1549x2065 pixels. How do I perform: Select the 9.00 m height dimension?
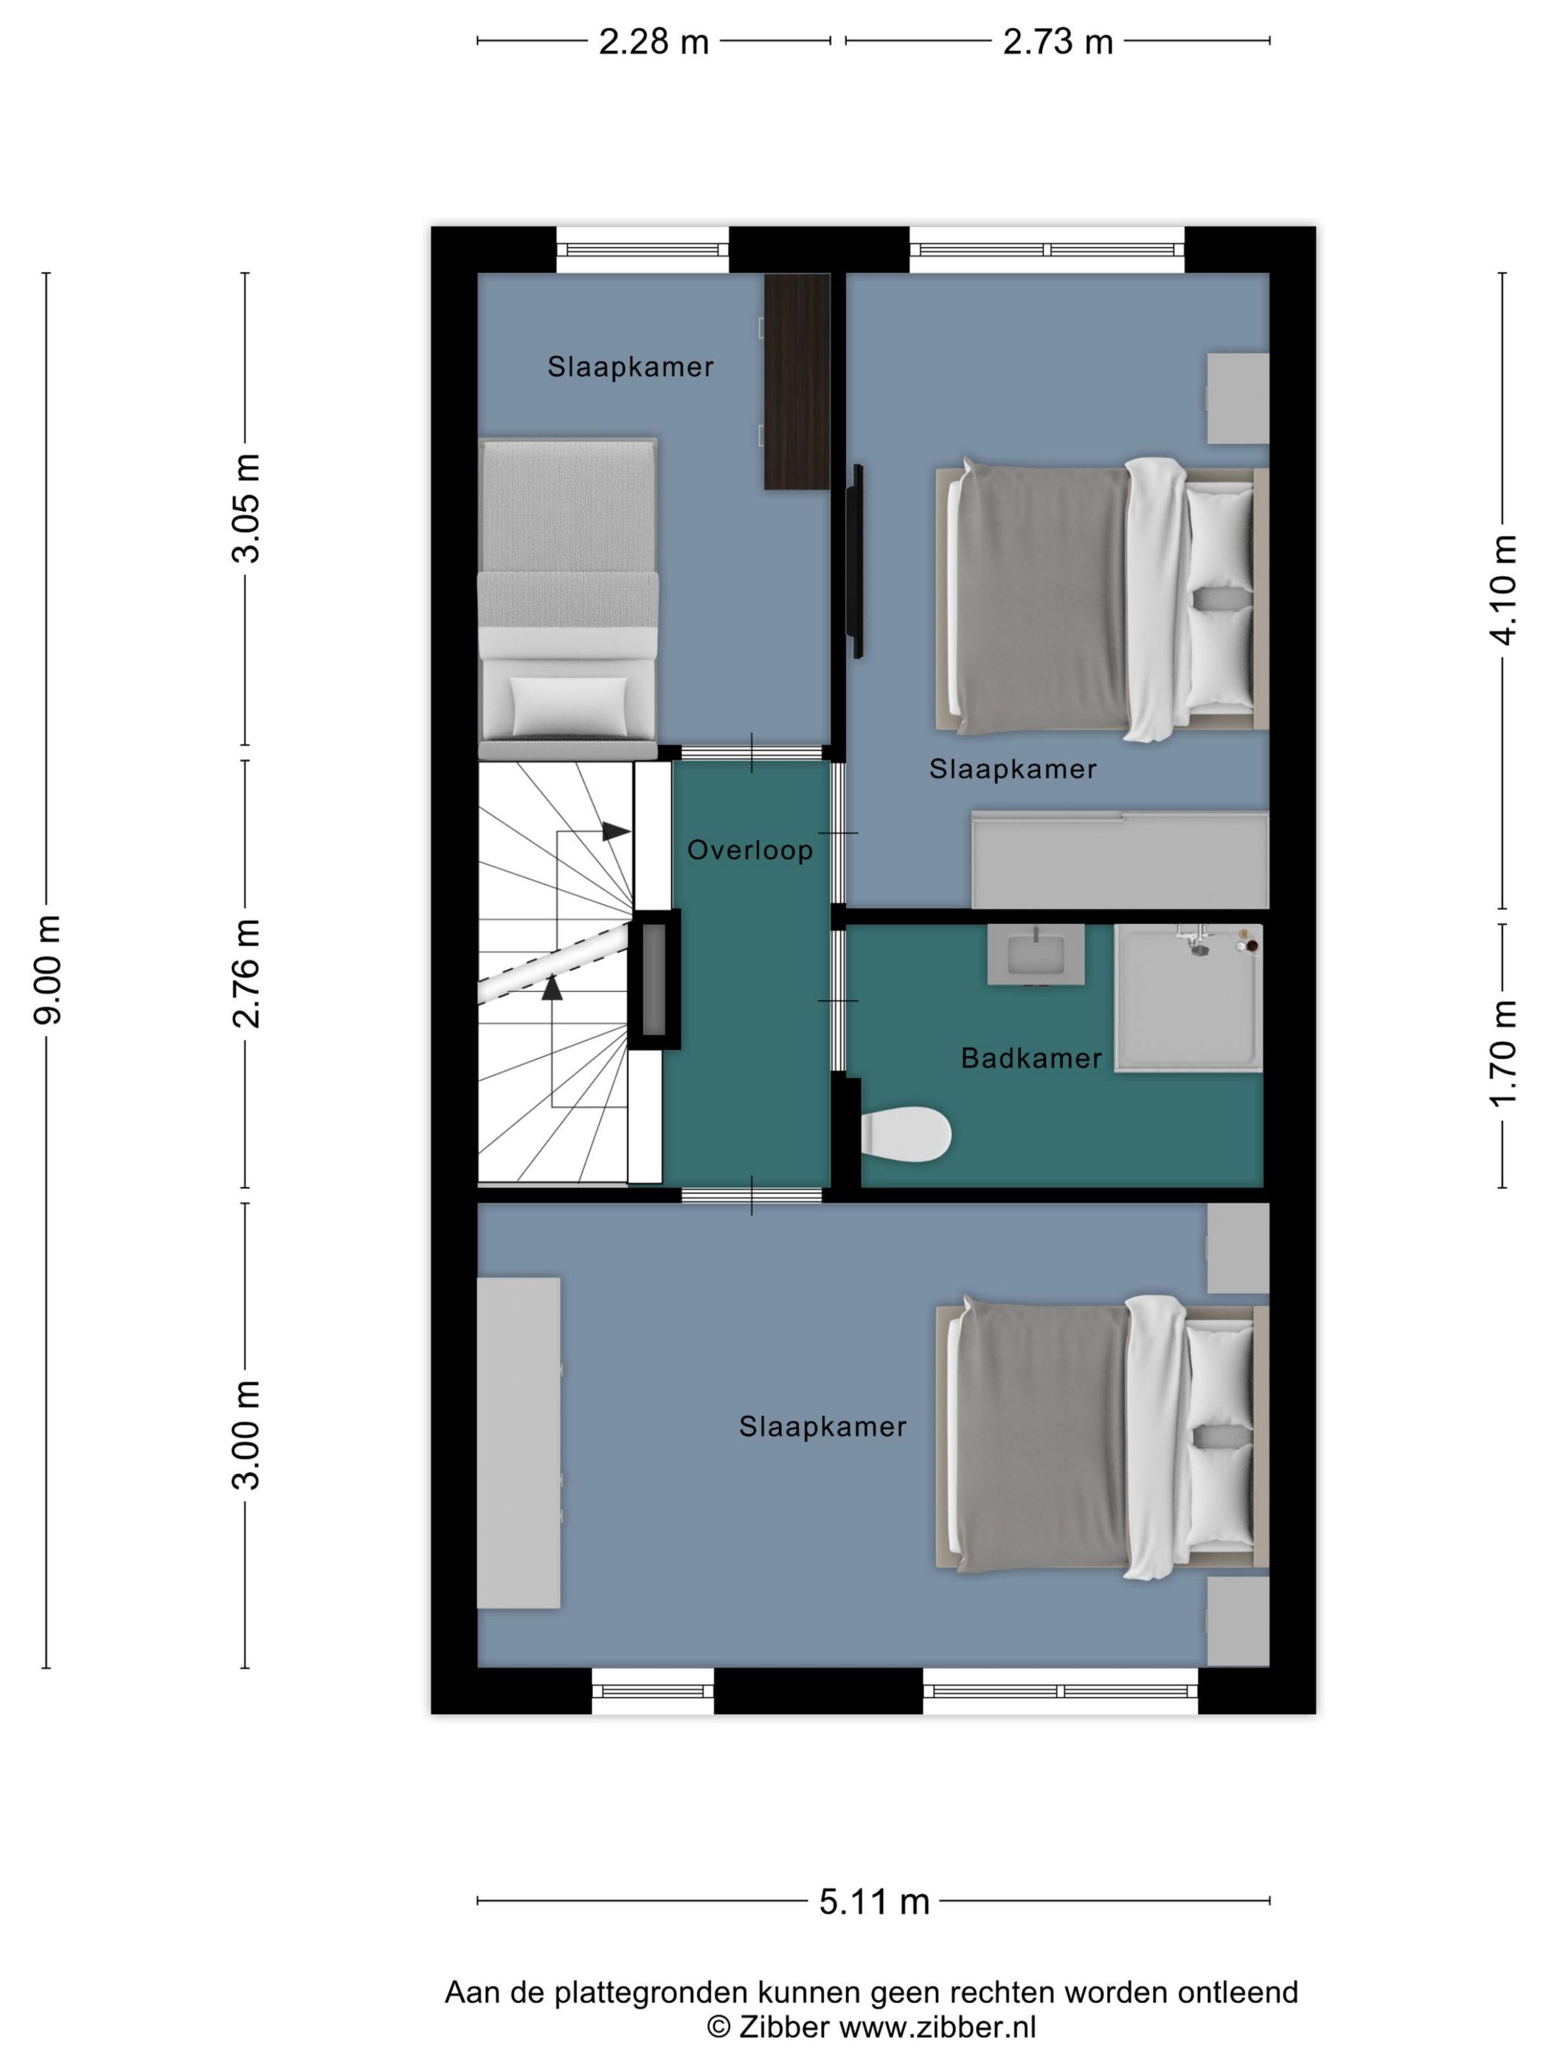click(46, 969)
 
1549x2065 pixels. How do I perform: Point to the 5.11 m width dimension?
click(874, 1901)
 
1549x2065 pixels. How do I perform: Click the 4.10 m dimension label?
click(1503, 590)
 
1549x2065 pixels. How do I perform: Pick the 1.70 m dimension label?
click(1503, 1052)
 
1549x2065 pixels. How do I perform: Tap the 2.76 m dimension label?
click(246, 973)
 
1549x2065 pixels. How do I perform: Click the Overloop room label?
click(749, 850)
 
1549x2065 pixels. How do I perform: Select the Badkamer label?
click(1030, 1058)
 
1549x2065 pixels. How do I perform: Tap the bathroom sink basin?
click(1036, 954)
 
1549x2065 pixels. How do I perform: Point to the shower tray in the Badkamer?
click(1188, 997)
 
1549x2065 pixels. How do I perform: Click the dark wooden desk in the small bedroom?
click(797, 381)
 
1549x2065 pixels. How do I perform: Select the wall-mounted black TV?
click(854, 561)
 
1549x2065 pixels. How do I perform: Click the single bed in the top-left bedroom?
click(568, 597)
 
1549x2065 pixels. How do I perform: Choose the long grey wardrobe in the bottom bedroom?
click(519, 1443)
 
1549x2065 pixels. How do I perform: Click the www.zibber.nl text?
click(937, 2027)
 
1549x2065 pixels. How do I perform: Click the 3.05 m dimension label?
click(246, 509)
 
